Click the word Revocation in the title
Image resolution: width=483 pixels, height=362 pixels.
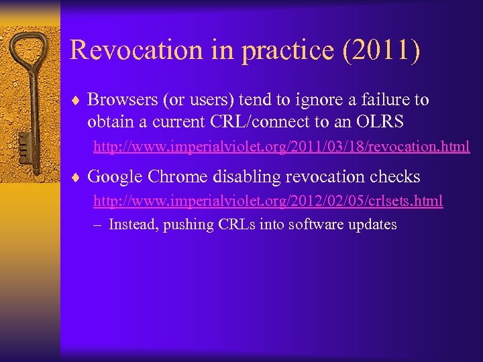click(x=128, y=50)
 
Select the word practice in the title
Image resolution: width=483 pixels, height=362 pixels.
click(x=278, y=50)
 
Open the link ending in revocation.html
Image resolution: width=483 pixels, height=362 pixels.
click(x=281, y=145)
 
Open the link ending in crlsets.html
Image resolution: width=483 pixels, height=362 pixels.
click(x=268, y=200)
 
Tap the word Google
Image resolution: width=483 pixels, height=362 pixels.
click(x=115, y=177)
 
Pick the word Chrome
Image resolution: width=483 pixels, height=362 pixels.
click(x=179, y=177)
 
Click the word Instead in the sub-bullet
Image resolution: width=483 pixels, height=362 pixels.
click(x=133, y=225)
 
